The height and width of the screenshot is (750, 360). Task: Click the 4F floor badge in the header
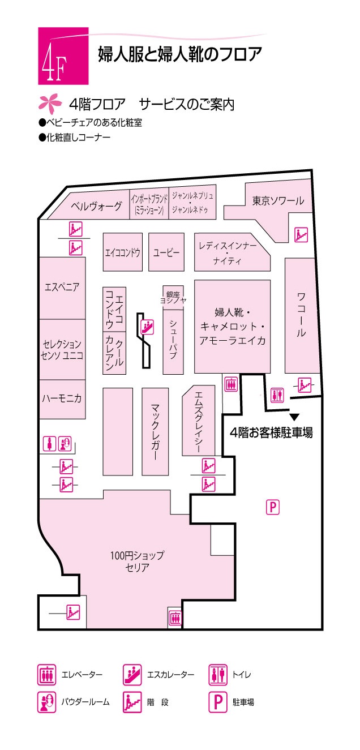(x=63, y=56)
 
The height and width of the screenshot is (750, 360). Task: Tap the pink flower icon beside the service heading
(x=50, y=104)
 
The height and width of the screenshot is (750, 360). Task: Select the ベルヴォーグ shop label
(x=96, y=206)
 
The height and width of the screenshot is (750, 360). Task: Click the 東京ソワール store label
(x=278, y=200)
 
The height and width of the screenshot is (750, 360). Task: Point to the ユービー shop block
(x=166, y=252)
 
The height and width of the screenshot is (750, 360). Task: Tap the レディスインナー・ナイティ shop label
(x=228, y=254)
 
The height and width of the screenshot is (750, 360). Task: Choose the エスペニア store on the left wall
(x=62, y=288)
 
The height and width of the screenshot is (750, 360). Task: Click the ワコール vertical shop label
(x=301, y=315)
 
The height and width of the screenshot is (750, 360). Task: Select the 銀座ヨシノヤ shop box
(x=173, y=298)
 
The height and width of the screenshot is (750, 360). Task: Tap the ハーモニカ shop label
(x=62, y=398)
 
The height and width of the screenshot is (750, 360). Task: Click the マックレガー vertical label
(x=155, y=432)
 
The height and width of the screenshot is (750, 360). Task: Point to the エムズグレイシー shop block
(x=199, y=421)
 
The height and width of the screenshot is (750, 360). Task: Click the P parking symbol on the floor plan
(x=273, y=508)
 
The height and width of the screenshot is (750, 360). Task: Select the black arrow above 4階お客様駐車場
(x=294, y=417)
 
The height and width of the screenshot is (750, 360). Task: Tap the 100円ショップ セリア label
(x=137, y=562)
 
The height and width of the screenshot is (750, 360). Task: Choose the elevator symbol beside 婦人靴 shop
(x=231, y=383)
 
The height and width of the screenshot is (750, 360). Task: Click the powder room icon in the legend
(x=46, y=702)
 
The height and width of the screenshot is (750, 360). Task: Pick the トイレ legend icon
(x=218, y=674)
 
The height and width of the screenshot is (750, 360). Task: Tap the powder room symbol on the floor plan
(x=65, y=444)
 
